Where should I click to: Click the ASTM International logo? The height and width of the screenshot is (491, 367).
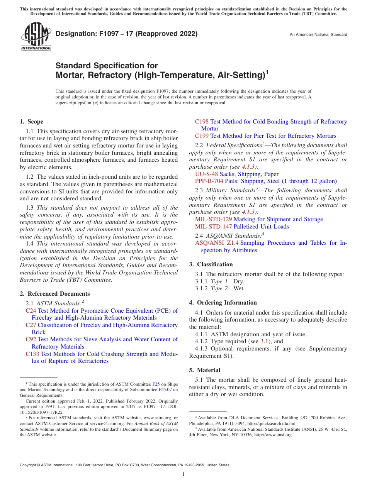coord(36,36)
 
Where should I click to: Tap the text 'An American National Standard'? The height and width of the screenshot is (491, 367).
coord(318,35)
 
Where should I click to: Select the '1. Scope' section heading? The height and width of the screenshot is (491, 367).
coord(31,122)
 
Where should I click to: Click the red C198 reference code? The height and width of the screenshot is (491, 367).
coord(202,122)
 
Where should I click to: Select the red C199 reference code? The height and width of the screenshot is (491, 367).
coord(202,136)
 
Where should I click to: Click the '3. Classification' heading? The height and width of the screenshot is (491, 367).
coord(211,264)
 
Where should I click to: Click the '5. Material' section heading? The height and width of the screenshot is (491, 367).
coord(204,370)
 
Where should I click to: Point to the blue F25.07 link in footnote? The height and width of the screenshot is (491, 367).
coord(165,389)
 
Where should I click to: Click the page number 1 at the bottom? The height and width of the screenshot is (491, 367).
coord(183,474)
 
